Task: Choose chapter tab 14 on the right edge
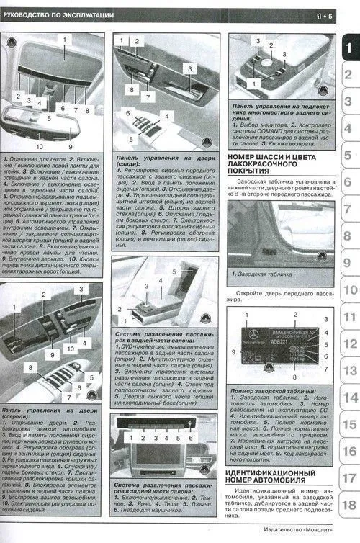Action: coord(350,398)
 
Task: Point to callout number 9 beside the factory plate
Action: coord(234,351)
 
